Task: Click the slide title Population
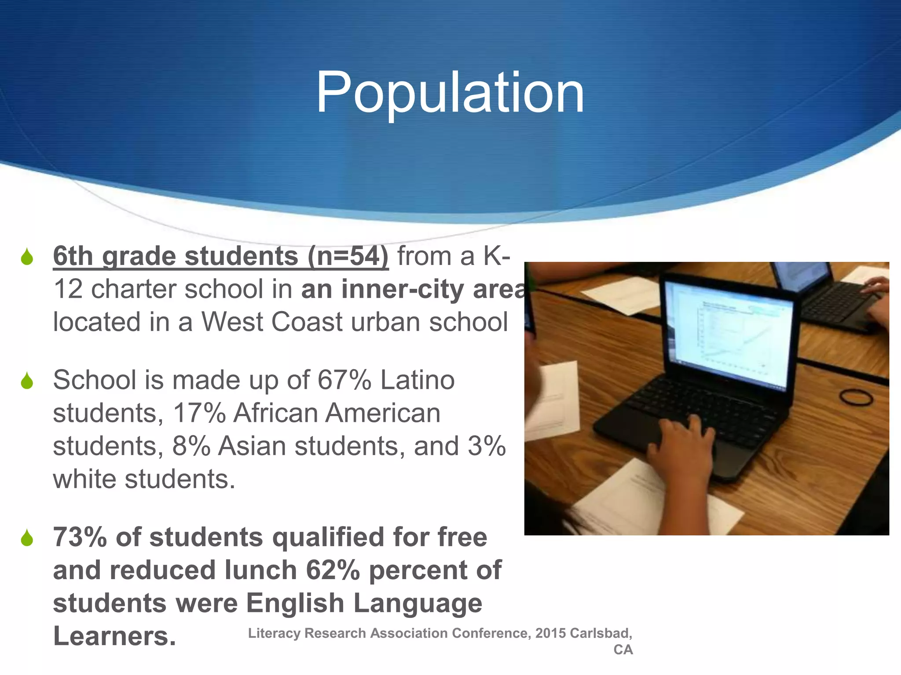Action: [x=450, y=93]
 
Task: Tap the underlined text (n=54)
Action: [x=348, y=256]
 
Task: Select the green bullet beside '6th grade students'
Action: [x=27, y=257]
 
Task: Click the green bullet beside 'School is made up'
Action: [x=27, y=381]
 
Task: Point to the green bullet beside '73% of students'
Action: [x=27, y=538]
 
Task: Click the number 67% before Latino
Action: [x=344, y=380]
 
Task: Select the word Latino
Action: [x=417, y=380]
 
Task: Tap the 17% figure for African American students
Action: [x=199, y=413]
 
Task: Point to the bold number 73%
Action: [x=80, y=537]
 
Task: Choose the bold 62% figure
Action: [x=333, y=570]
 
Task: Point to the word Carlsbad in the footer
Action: [x=601, y=633]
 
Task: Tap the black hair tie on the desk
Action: [x=856, y=398]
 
